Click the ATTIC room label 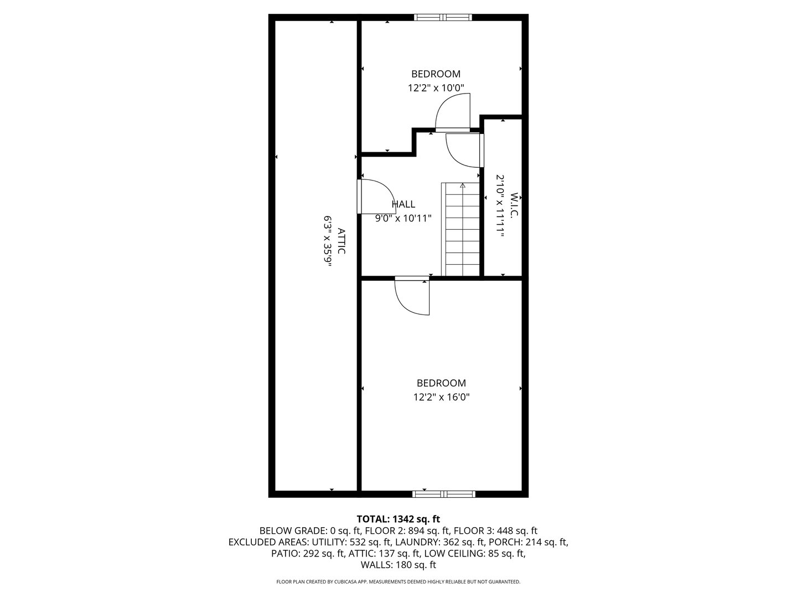click(341, 241)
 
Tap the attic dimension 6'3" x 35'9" click(328, 241)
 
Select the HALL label click(403, 204)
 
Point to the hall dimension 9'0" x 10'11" click(403, 218)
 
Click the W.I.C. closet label click(513, 205)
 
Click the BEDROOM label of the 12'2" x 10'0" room click(436, 74)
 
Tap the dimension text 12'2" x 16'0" click(441, 397)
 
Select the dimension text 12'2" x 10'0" click(436, 87)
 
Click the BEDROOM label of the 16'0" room click(441, 383)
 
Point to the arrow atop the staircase click(463, 186)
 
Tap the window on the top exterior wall click(443, 17)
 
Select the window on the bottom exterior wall click(444, 494)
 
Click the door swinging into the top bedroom click(453, 113)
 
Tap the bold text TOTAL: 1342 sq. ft click(398, 519)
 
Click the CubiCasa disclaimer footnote click(398, 582)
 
